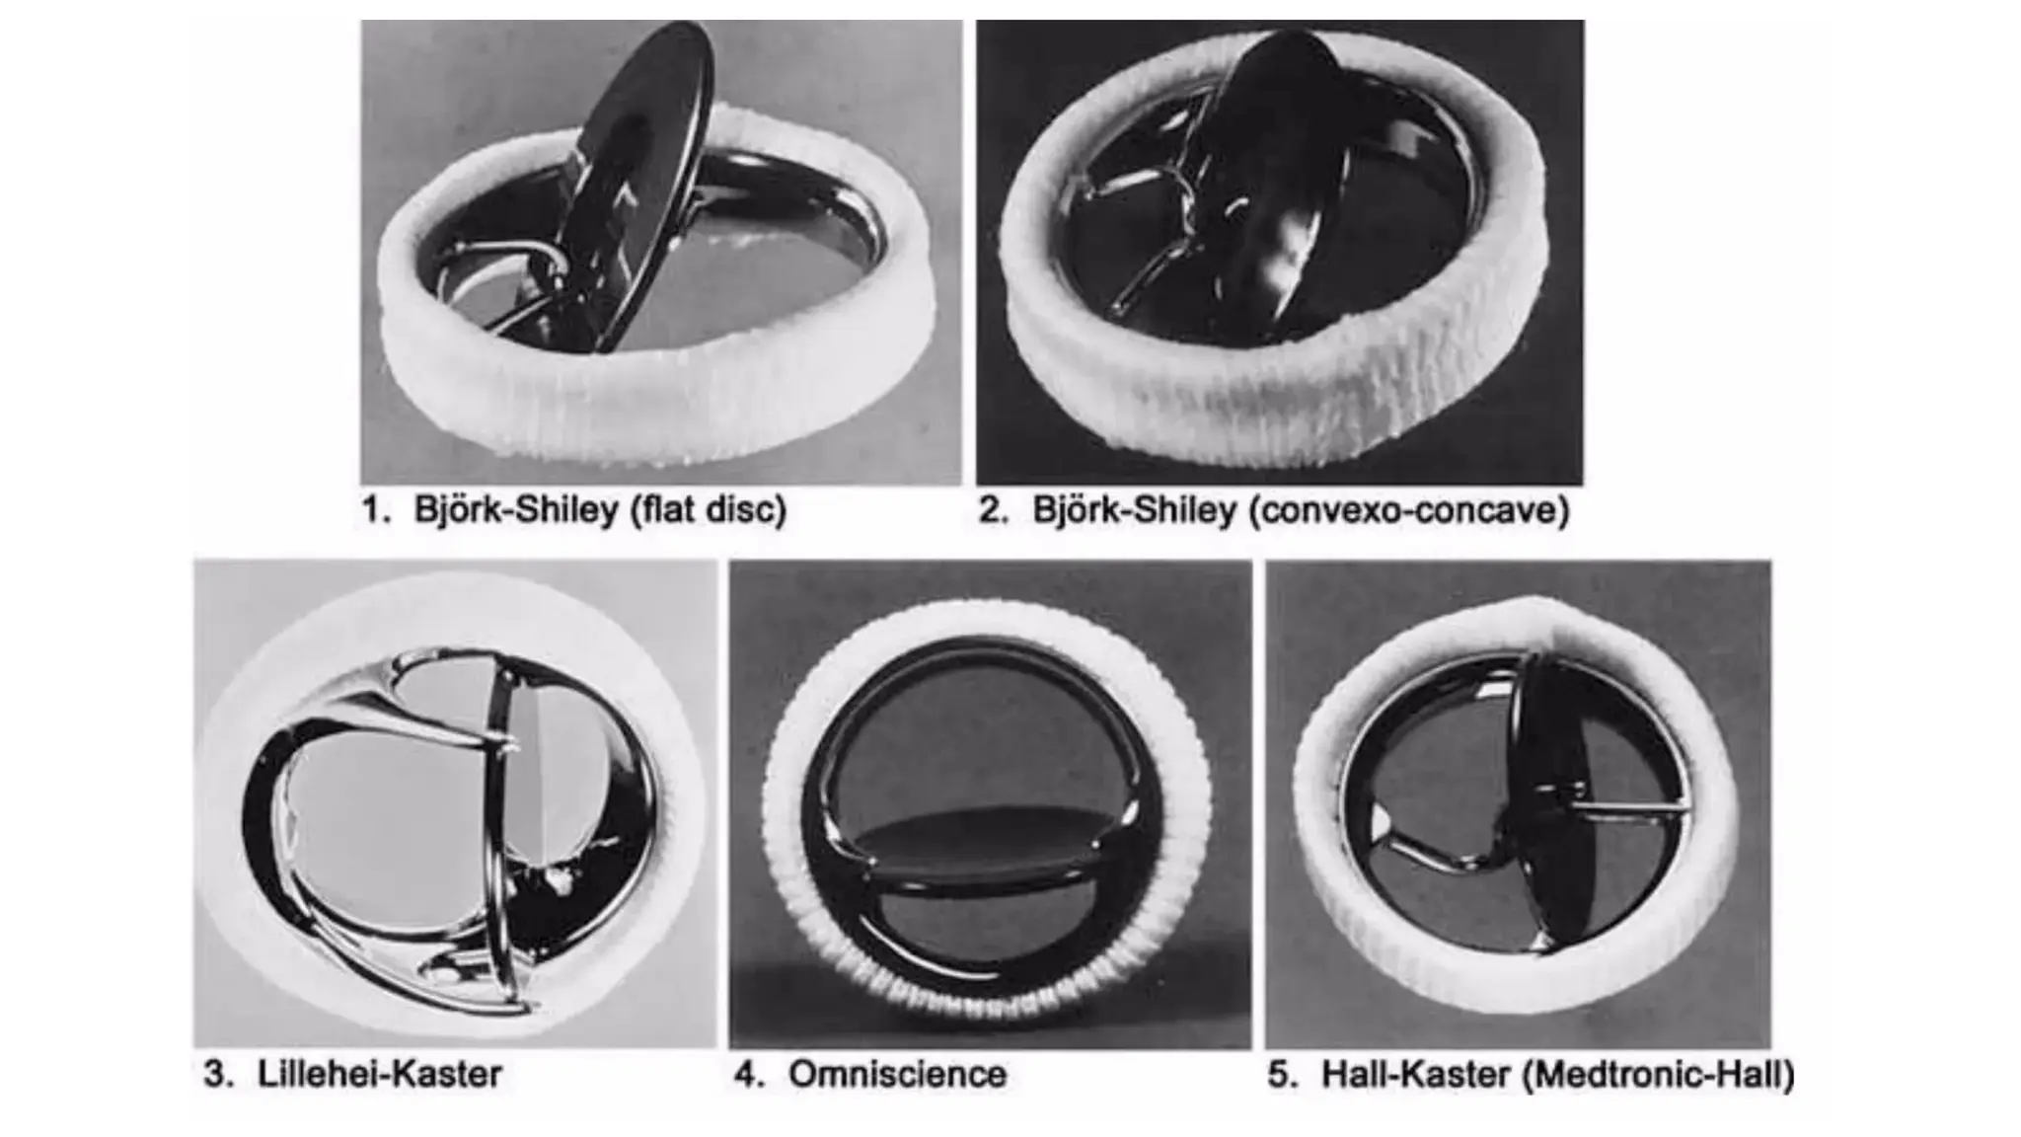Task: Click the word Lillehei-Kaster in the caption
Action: (x=380, y=1074)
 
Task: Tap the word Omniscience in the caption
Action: (x=897, y=1074)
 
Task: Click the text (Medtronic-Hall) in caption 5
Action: (x=1658, y=1074)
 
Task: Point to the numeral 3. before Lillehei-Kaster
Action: (x=218, y=1074)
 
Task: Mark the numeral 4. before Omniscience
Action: (x=749, y=1074)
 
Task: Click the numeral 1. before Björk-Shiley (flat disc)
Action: (x=376, y=510)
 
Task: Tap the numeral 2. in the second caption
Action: (x=993, y=510)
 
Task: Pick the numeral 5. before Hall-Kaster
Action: (x=1282, y=1074)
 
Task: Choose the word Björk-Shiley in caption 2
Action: (x=1134, y=510)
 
